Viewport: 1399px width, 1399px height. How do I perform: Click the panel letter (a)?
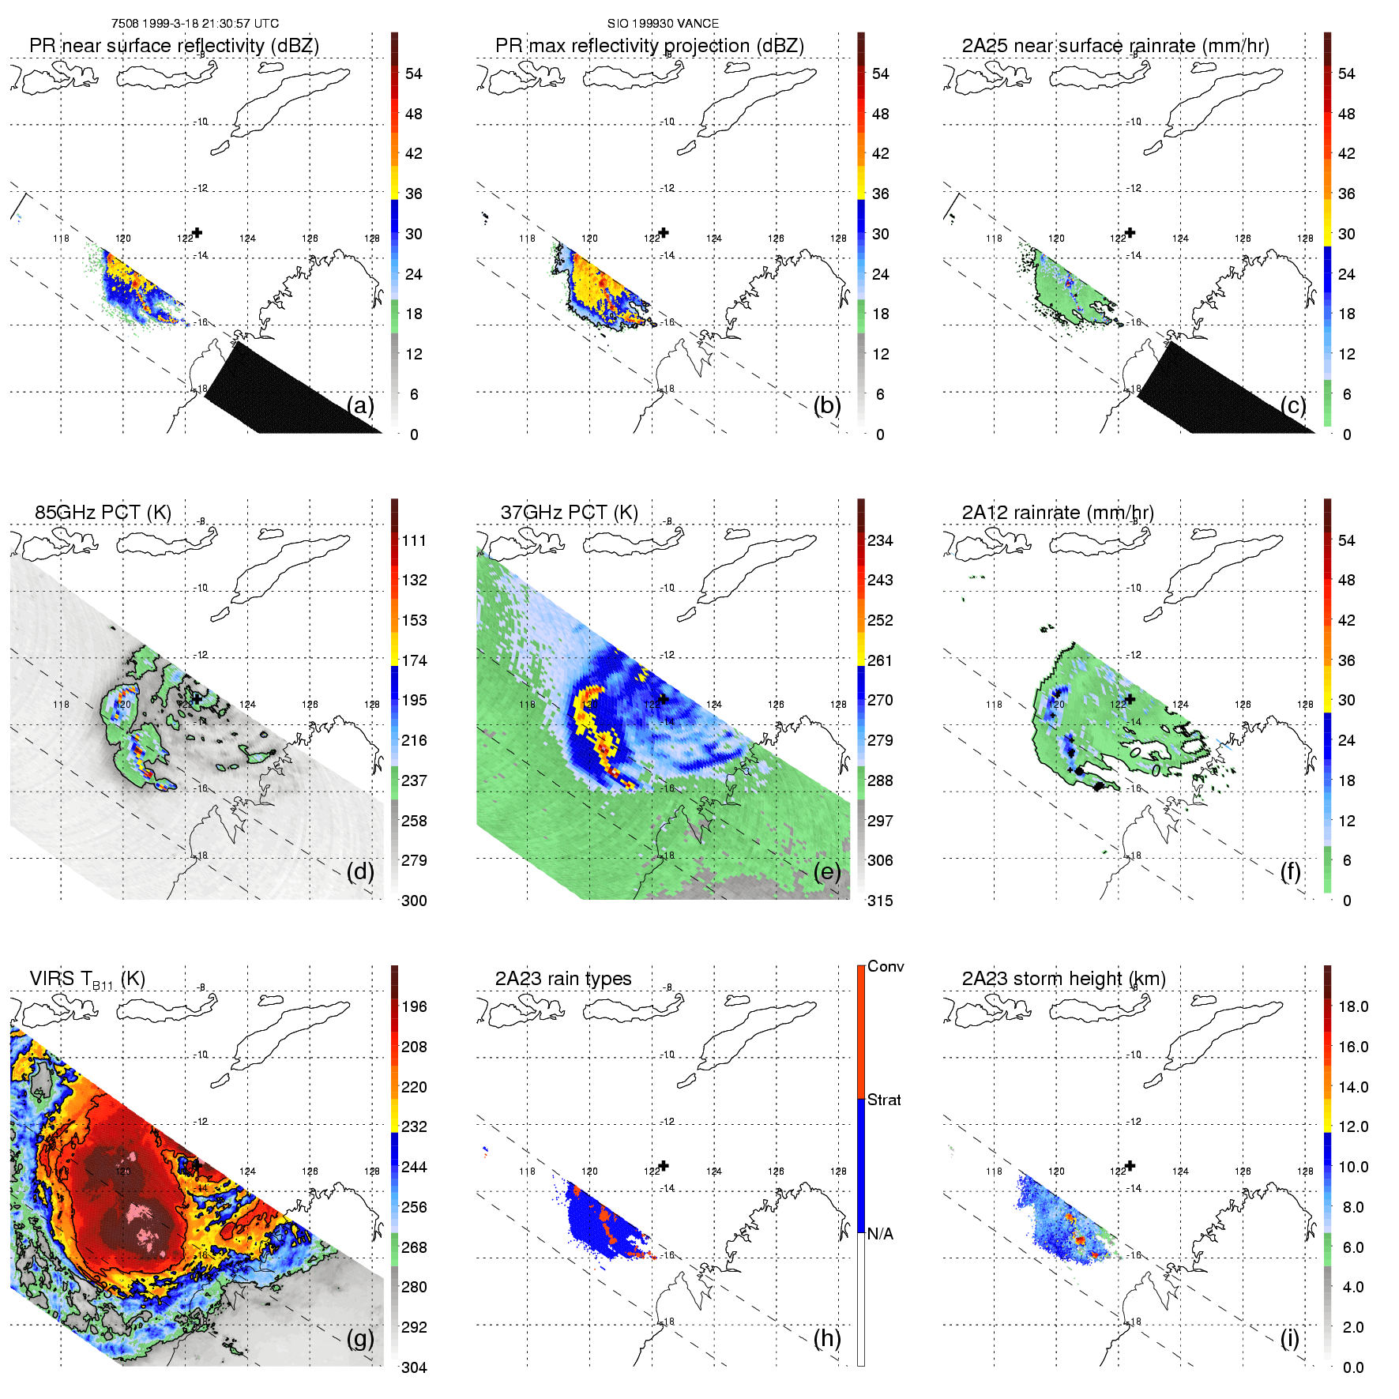tap(360, 405)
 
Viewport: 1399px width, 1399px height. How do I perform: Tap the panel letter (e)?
tap(827, 871)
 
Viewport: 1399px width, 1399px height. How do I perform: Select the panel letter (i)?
tap(1289, 1338)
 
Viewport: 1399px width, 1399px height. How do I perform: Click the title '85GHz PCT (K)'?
tap(103, 512)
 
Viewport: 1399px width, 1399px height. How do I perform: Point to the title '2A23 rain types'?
tap(562, 978)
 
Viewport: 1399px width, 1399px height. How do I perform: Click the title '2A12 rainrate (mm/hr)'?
tap(1057, 512)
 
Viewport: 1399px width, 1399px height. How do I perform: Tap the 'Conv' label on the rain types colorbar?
tap(885, 966)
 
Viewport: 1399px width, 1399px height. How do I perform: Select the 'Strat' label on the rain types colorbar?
tap(884, 1100)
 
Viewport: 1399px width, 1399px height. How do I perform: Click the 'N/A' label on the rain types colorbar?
tap(879, 1234)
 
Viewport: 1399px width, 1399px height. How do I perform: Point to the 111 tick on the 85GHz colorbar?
tap(414, 540)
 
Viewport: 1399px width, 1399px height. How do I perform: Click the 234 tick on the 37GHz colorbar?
tap(880, 540)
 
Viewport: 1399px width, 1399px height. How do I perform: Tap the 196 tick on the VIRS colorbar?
tap(414, 1006)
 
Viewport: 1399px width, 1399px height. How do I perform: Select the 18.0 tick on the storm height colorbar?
tap(1352, 1006)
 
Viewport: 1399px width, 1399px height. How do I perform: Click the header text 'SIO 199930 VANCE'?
tap(663, 24)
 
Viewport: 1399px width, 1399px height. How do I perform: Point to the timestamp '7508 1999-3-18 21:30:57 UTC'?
tap(194, 24)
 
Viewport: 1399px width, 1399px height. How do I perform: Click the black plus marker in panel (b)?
tap(664, 232)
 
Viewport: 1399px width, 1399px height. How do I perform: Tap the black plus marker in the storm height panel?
tap(1130, 1165)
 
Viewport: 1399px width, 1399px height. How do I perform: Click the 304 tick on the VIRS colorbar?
tap(414, 1367)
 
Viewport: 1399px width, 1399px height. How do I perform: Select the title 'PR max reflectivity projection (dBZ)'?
tap(649, 46)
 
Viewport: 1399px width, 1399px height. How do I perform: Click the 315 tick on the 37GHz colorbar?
tap(880, 901)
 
